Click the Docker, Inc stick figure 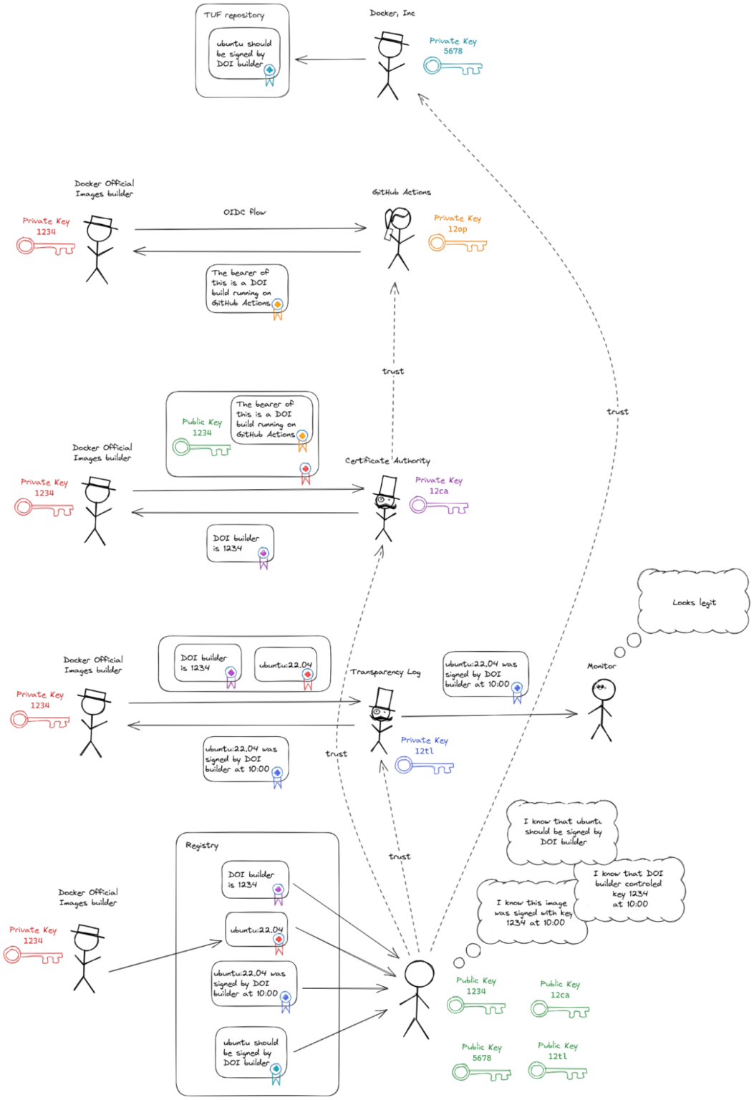point(389,66)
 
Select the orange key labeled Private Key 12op point(457,243)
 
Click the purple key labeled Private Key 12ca point(438,506)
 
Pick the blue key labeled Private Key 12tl point(424,766)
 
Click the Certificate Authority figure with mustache point(386,508)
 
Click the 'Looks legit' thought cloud point(693,602)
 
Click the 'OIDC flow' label point(244,212)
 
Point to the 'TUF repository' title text point(233,15)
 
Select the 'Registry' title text point(202,845)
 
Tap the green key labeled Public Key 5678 point(481,1073)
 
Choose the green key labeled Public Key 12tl point(557,1071)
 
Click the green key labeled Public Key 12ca point(559,1010)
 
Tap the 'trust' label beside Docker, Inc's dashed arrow point(617,411)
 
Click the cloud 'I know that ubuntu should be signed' point(562,832)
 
